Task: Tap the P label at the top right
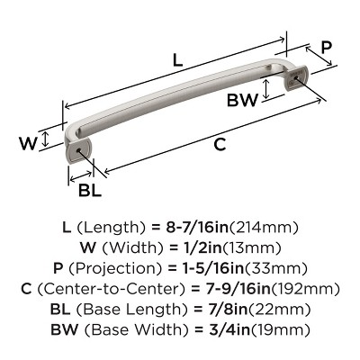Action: click(327, 48)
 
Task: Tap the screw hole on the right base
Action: click(295, 84)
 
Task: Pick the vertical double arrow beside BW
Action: click(267, 90)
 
